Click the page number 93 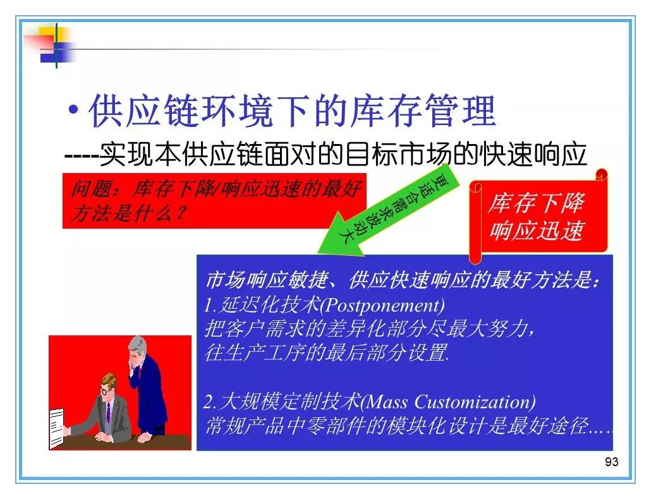tap(612, 462)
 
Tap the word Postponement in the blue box tap(384, 306)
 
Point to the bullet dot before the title tap(74, 111)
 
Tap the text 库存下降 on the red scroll tap(537, 203)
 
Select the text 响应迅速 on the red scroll tap(537, 230)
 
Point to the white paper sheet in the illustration tap(57, 428)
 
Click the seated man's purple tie tap(108, 412)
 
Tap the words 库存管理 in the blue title tap(423, 111)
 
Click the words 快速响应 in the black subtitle tap(533, 154)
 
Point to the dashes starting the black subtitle tap(82, 157)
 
